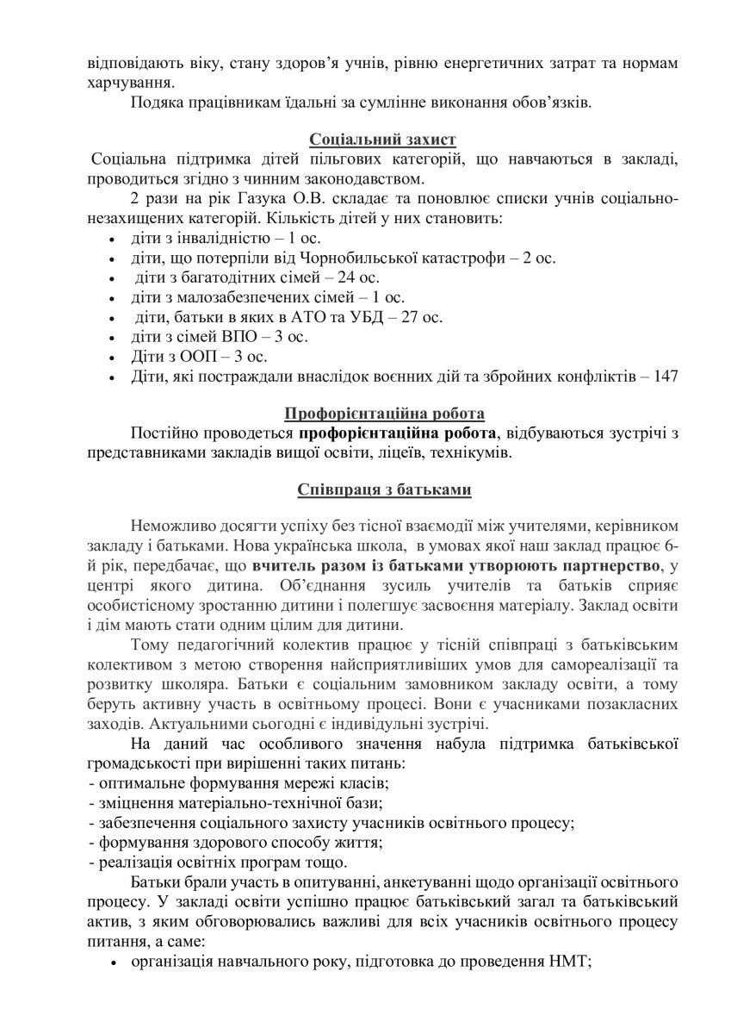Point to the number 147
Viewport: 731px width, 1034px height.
point(665,376)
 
